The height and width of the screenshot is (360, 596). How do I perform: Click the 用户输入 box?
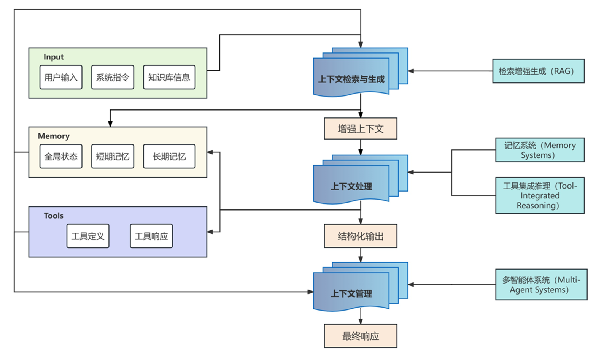tap(61, 77)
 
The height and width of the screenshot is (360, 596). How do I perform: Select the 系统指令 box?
tap(113, 77)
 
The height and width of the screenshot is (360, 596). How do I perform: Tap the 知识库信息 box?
tap(169, 77)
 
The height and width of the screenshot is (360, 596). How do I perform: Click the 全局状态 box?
tap(61, 156)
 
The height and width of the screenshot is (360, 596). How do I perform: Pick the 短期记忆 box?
tap(113, 156)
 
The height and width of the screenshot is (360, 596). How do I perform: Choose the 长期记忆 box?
tap(169, 156)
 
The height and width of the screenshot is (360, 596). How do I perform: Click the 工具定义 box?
tap(88, 236)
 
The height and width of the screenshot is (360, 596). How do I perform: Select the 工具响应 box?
tap(151, 236)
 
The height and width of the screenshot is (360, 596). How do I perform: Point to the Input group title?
tap(54, 57)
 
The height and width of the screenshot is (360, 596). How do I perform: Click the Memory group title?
tap(54, 136)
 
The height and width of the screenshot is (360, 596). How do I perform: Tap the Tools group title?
tap(54, 216)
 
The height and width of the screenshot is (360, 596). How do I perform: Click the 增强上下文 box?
tap(361, 129)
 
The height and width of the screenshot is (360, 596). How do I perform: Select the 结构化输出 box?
tap(361, 236)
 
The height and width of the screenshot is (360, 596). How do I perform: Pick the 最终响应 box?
tap(361, 336)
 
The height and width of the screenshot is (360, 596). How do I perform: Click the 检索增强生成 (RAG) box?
tap(538, 71)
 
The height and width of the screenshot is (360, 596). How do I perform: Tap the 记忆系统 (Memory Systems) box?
tap(540, 150)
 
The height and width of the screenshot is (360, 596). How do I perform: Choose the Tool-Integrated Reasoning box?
tap(540, 195)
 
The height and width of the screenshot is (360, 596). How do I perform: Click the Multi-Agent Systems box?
tap(541, 285)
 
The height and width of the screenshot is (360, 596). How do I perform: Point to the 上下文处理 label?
tap(351, 186)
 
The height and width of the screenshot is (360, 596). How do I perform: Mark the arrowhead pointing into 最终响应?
tap(361, 322)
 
